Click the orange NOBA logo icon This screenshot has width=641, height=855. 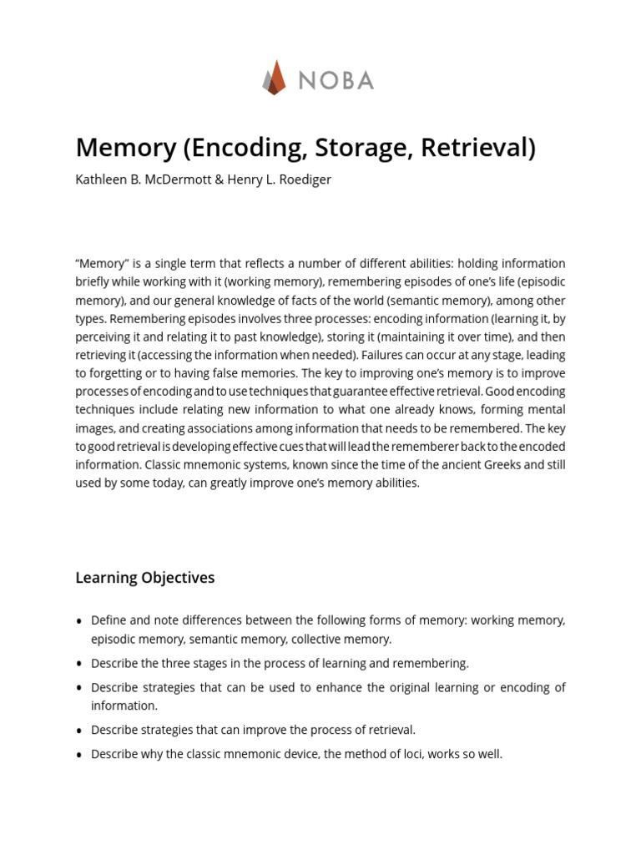(275, 78)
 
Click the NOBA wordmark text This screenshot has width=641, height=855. (336, 80)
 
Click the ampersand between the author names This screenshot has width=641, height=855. (220, 180)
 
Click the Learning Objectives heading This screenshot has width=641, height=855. (145, 578)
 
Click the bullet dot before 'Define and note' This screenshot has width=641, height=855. (79, 621)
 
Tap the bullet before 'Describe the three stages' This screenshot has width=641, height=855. (79, 664)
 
